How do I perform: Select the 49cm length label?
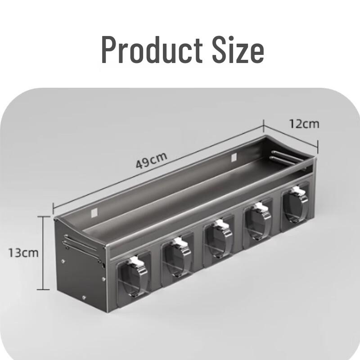pyautogui.click(x=152, y=160)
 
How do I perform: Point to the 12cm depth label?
pyautogui.click(x=304, y=123)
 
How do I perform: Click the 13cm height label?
pyautogui.click(x=23, y=252)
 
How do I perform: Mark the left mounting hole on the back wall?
pyautogui.click(x=94, y=211)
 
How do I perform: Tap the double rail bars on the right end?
pyautogui.click(x=288, y=158)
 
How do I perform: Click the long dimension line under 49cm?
pyautogui.click(x=157, y=166)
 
